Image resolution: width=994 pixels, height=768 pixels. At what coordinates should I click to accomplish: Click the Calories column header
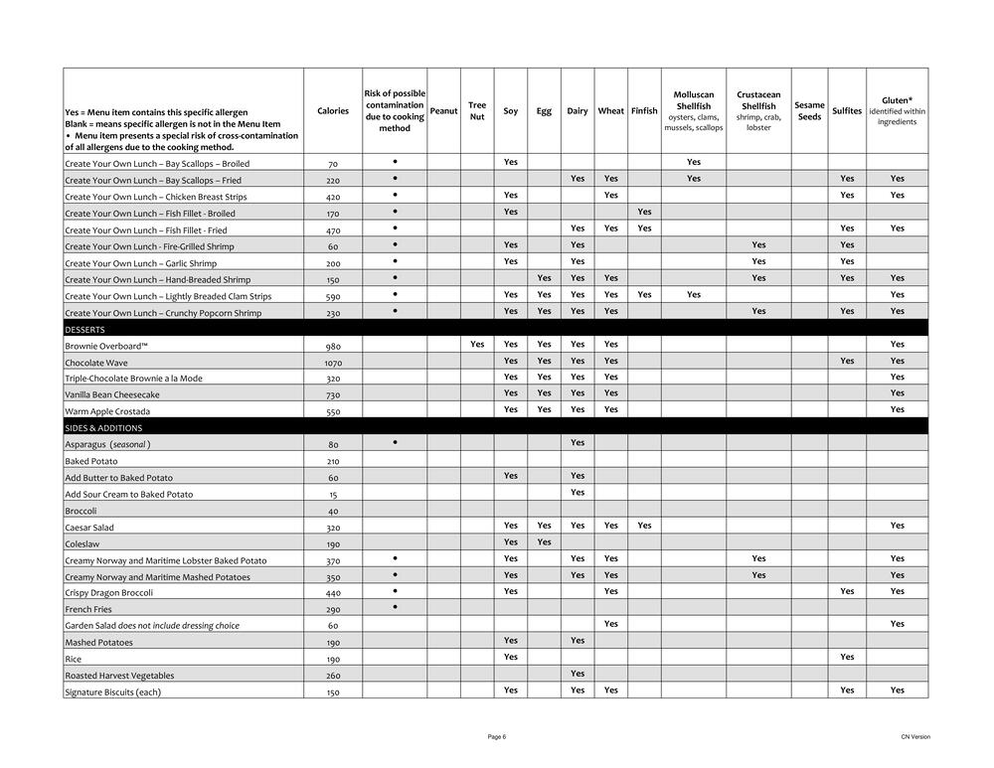333,111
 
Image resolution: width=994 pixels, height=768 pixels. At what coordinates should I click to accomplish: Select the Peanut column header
443,111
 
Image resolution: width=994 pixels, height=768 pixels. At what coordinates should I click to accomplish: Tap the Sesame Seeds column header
809,111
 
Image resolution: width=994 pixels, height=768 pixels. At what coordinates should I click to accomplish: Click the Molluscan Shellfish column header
693,111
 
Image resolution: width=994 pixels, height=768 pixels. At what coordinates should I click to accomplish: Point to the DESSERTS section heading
85,329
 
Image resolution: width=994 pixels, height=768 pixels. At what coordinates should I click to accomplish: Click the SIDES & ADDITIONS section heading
103,428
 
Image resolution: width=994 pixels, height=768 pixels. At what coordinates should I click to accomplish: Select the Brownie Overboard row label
106,346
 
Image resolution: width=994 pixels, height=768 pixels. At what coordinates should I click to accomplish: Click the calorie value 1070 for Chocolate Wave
333,363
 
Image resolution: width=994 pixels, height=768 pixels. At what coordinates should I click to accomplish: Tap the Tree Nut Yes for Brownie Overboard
477,345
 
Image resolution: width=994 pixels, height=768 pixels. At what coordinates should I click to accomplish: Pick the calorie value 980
333,346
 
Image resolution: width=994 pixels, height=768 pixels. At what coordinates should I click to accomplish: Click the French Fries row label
87,609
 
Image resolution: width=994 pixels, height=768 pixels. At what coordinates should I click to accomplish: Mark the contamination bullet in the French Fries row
395,607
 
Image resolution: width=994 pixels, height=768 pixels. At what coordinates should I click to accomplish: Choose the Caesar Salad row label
89,528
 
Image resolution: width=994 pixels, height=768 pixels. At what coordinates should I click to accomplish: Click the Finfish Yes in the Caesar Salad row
644,526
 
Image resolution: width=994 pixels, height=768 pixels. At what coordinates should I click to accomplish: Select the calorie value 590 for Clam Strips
333,296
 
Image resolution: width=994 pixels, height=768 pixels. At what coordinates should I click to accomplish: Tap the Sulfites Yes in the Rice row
847,657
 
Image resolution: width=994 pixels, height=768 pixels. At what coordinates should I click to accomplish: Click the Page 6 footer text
497,736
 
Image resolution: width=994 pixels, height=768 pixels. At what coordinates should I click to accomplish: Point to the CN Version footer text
915,736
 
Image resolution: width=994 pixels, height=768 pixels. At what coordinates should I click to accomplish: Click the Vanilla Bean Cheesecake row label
112,394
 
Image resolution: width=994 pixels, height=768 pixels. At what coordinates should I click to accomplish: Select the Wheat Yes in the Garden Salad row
610,624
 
